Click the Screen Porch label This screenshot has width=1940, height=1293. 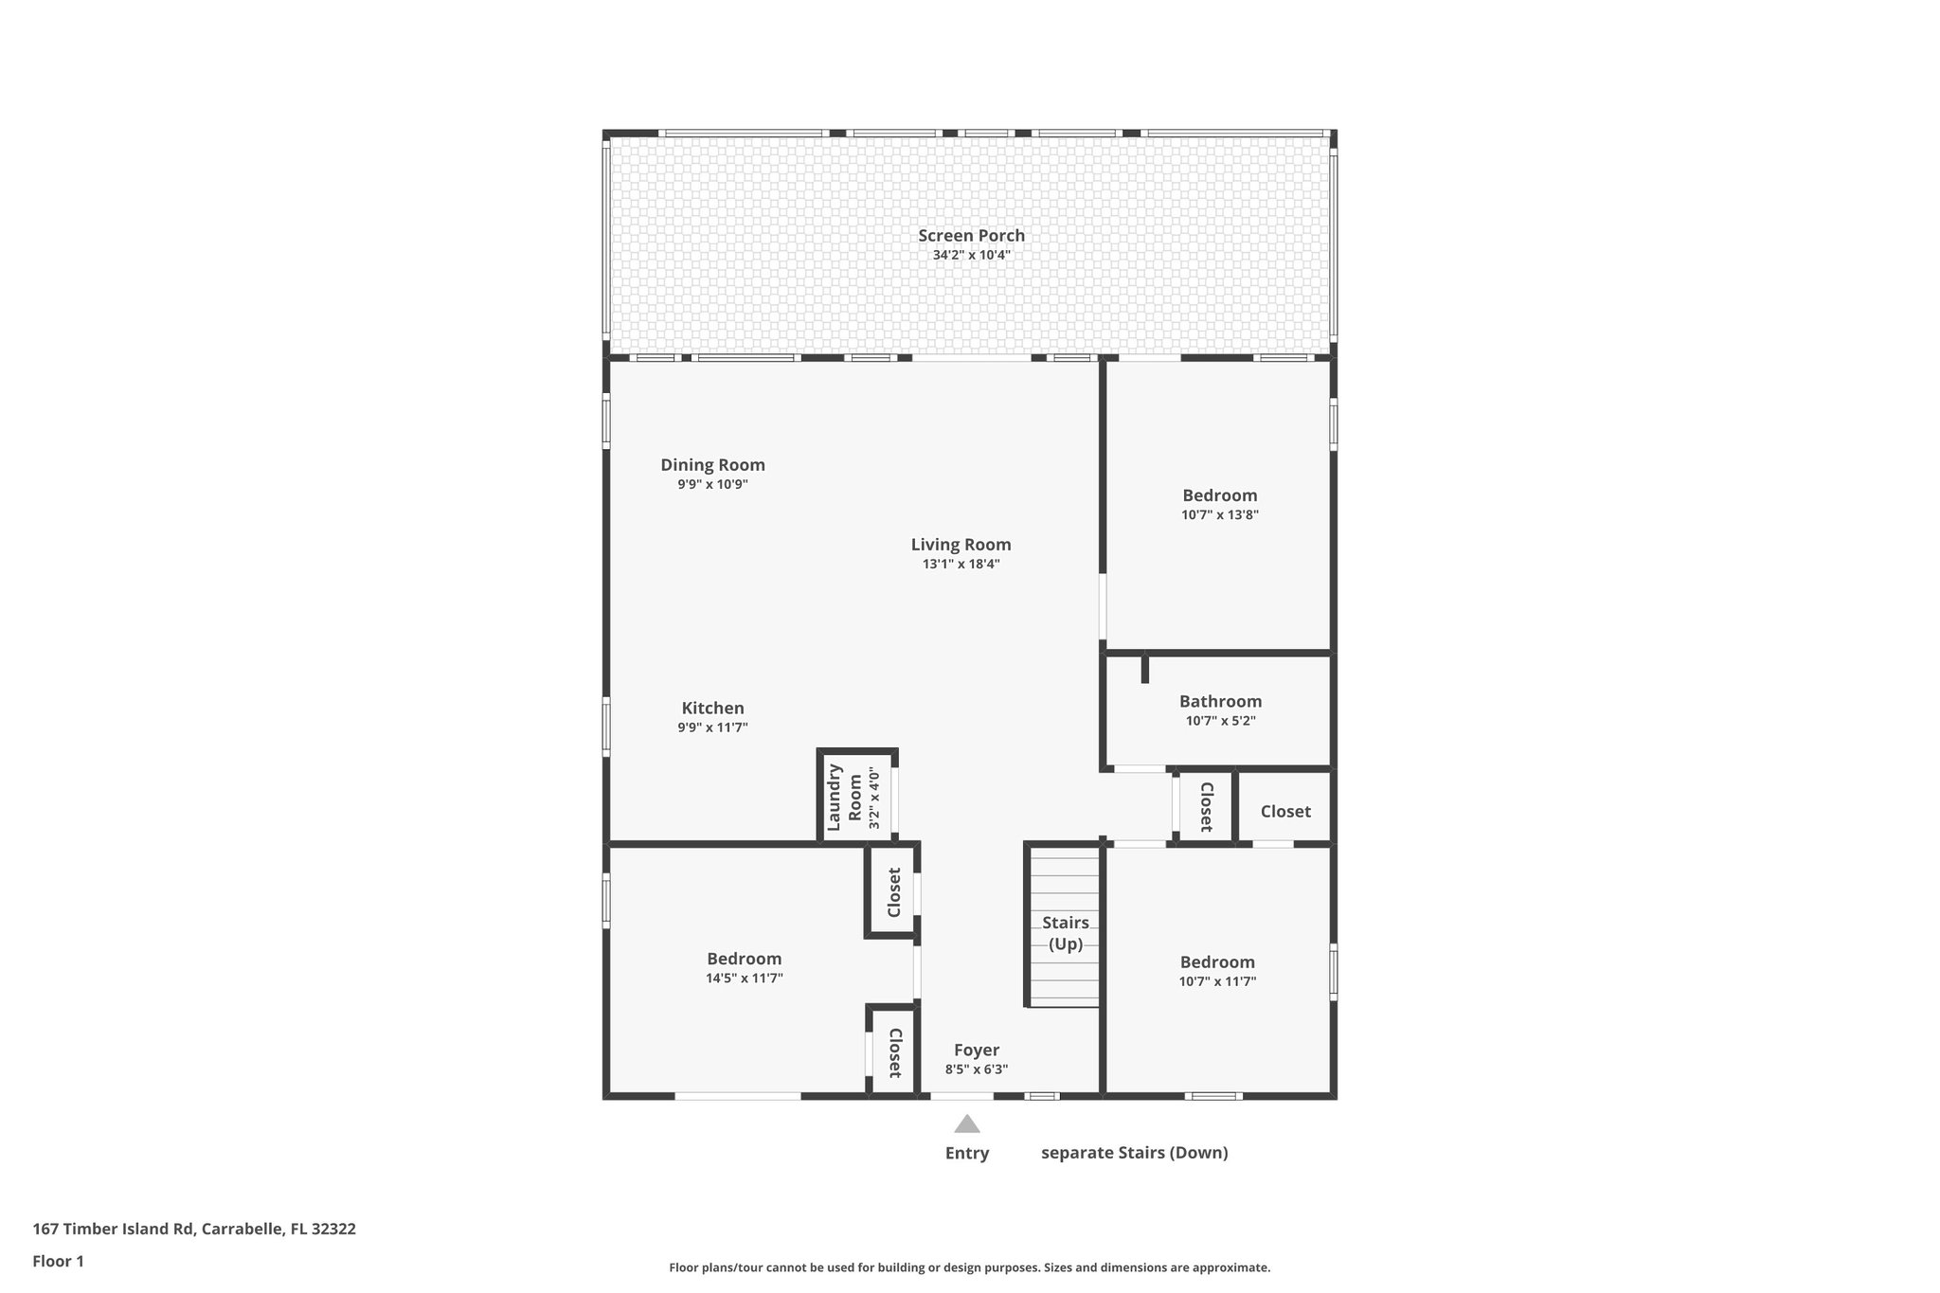[971, 236]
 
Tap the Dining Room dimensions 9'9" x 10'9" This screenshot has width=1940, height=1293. [712, 484]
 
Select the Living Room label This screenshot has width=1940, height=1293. [961, 545]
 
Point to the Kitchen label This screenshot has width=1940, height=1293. [712, 709]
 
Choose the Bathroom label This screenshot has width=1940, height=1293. [1220, 702]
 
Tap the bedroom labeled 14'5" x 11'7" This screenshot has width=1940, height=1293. [744, 967]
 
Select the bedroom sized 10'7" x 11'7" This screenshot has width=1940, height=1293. [1217, 971]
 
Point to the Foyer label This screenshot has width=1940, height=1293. [976, 1051]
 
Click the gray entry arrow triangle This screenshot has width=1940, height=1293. [966, 1125]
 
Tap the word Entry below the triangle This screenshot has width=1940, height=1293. [966, 1153]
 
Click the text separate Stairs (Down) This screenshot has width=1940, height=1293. [1134, 1153]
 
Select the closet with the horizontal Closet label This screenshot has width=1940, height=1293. [1284, 811]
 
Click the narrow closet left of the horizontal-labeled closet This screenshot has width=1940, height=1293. [1206, 807]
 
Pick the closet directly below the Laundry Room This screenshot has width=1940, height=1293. [892, 891]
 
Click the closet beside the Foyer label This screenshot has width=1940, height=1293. [892, 1052]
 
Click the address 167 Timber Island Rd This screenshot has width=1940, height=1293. [194, 1229]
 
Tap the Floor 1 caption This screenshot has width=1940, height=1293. [58, 1261]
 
